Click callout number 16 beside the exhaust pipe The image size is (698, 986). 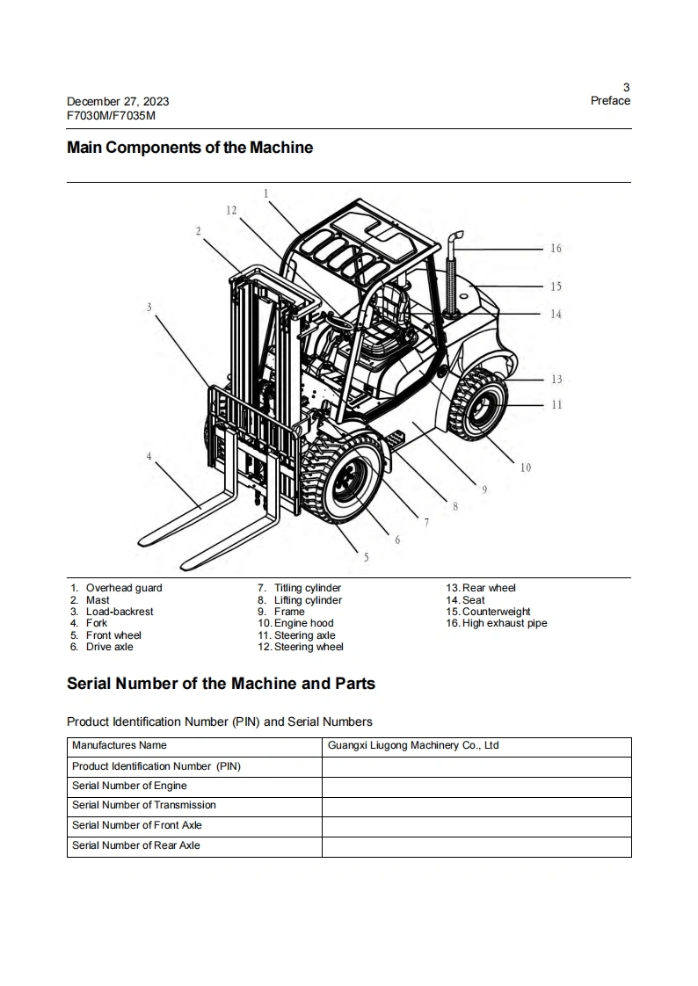[556, 249]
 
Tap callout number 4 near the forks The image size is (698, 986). [149, 456]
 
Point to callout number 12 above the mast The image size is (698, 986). [231, 210]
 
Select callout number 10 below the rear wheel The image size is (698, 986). [526, 468]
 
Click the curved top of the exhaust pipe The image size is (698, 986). [455, 238]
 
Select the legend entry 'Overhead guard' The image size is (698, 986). [124, 588]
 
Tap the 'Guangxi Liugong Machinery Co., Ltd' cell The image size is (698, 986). [413, 745]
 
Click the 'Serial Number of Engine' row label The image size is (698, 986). [129, 786]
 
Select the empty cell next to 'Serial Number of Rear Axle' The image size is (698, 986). [476, 846]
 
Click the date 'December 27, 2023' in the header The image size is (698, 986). [118, 101]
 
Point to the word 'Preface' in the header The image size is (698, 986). [610, 100]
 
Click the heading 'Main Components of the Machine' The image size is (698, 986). [190, 148]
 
